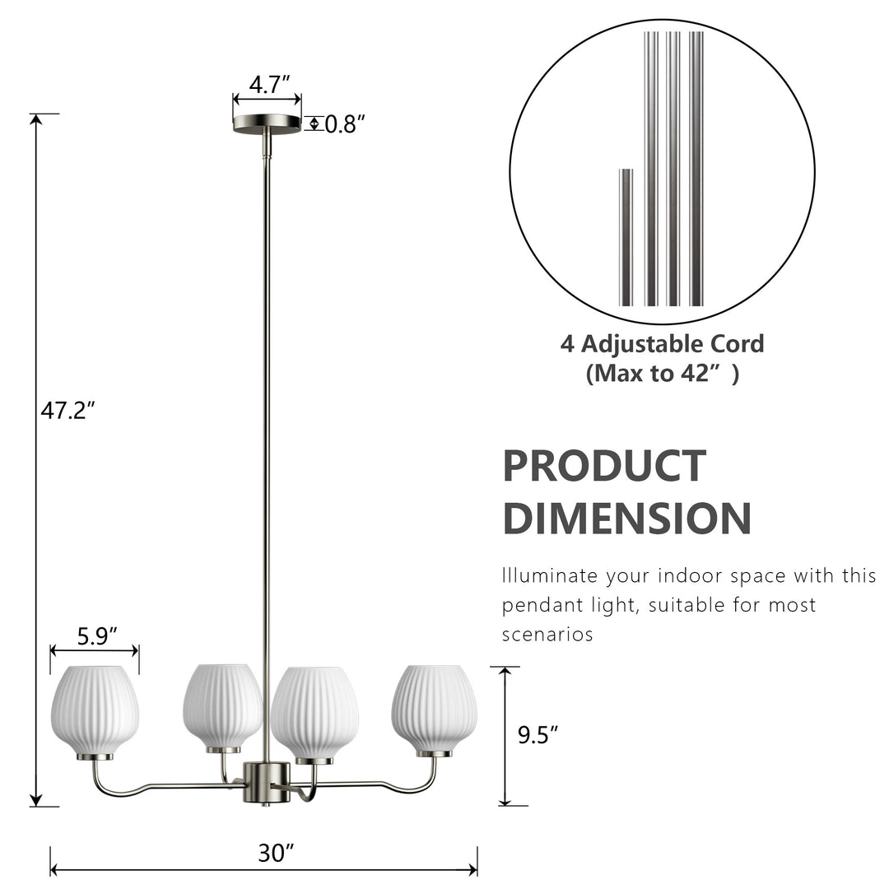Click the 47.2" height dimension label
pos(68,411)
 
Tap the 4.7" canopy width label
pos(269,83)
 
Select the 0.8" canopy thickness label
pos(344,124)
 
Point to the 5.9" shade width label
pos(96,635)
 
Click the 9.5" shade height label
pos(538,735)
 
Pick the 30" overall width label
pos(276,854)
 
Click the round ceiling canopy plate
pos(267,123)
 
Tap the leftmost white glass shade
pos(95,710)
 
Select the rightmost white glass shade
pos(434,708)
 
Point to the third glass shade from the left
pos(314,711)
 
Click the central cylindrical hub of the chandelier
pos(266,782)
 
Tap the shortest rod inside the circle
pos(626,237)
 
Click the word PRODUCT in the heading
pos(604,466)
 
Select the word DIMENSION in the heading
pos(626,519)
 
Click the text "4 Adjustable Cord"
pos(662,343)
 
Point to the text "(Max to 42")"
pos(662,374)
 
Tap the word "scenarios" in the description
pos(547,635)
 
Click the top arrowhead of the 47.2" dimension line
pos(35,119)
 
